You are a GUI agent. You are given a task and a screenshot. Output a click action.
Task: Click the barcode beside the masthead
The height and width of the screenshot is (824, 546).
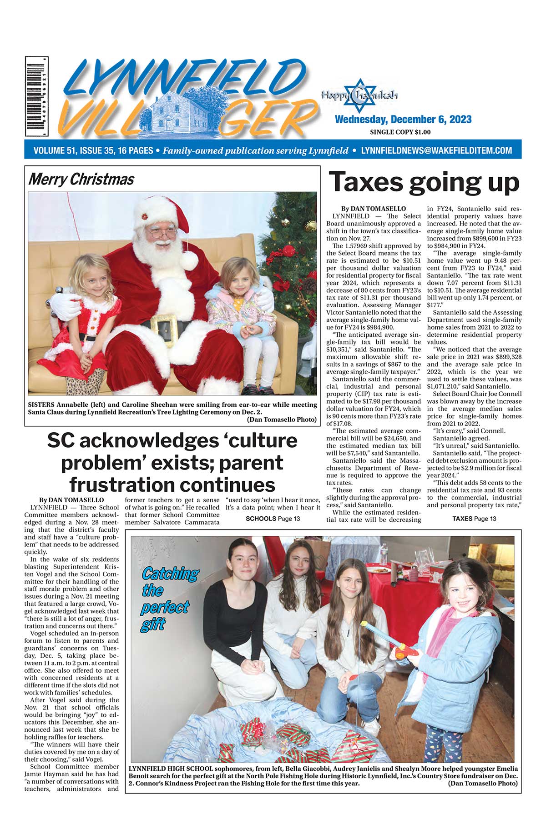37,96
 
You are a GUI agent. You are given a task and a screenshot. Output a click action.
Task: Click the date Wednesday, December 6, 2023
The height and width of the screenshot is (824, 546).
403,120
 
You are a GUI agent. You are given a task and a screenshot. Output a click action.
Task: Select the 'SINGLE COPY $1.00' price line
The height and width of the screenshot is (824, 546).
400,132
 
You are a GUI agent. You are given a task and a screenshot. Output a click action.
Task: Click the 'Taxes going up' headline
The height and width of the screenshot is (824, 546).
424,182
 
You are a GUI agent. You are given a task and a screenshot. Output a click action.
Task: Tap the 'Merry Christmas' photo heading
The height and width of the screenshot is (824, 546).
81,179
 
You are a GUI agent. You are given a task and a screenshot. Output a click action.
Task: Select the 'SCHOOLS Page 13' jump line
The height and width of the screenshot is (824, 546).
273,519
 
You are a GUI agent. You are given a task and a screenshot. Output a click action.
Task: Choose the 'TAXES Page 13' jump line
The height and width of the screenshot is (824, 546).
474,519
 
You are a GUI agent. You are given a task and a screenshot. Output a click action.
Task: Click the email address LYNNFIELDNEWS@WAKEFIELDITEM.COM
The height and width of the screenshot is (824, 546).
436,150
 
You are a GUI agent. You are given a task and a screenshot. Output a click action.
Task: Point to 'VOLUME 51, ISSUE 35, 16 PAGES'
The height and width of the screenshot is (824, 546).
93,150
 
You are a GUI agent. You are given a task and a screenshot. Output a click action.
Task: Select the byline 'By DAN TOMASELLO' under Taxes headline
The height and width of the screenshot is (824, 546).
373,209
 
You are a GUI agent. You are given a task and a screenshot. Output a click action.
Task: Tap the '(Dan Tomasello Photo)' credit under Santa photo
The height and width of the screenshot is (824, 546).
282,419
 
